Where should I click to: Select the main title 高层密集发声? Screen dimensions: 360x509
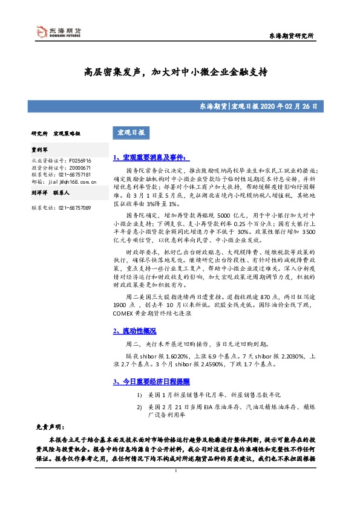(x=114, y=71)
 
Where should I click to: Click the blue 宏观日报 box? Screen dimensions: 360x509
(x=131, y=132)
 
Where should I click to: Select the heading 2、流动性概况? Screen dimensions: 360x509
(x=134, y=331)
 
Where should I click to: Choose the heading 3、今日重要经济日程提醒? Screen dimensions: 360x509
(x=152, y=382)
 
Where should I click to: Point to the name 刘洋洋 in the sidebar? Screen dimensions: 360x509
(x=39, y=194)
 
